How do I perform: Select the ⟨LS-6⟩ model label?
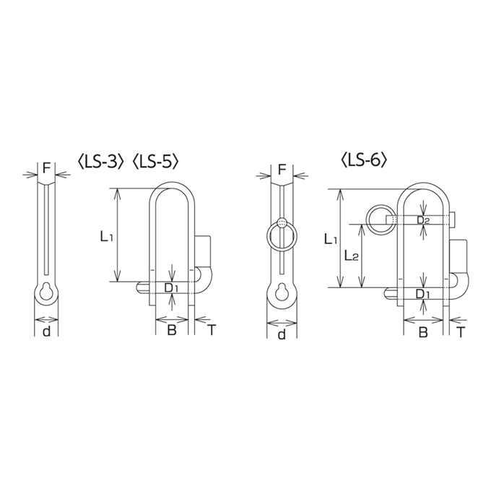pos(364,160)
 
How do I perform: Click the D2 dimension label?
pos(423,220)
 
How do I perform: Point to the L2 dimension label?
pos(351,256)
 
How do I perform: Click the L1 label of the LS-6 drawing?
pos(331,239)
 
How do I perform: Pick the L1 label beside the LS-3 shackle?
pos(106,237)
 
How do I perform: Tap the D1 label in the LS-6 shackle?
pos(422,294)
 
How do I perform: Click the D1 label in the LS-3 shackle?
pos(171,288)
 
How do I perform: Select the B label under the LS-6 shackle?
pos(423,332)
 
